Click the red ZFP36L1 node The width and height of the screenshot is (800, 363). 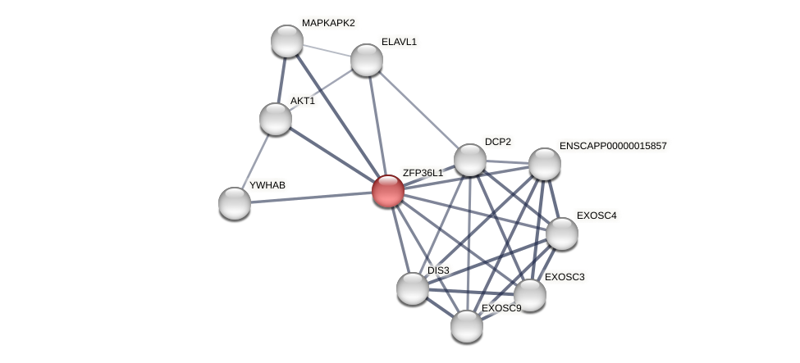click(x=387, y=191)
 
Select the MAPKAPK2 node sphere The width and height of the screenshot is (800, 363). click(x=287, y=41)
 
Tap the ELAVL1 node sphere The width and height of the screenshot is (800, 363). click(x=367, y=60)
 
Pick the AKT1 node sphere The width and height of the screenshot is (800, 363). click(x=276, y=119)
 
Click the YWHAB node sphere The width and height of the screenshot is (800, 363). click(x=235, y=203)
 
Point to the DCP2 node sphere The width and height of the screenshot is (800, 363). click(x=470, y=160)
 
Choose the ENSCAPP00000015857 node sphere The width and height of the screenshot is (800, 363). click(x=545, y=164)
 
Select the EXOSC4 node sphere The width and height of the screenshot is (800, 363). click(x=562, y=234)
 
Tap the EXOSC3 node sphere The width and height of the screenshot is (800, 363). click(x=530, y=295)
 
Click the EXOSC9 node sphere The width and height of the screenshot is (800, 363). click(x=467, y=326)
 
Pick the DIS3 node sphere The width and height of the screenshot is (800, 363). click(x=413, y=288)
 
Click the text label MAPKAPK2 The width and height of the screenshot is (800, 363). click(x=328, y=23)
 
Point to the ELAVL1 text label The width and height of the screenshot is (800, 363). click(x=399, y=42)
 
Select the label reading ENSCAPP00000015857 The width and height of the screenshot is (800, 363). click(x=613, y=146)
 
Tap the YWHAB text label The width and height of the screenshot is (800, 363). click(x=267, y=185)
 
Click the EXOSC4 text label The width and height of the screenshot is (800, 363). click(x=597, y=216)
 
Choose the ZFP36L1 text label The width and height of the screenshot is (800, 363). click(x=423, y=173)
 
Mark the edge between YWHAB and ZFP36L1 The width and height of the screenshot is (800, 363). click(x=312, y=197)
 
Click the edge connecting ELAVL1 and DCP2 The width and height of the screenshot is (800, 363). click(x=418, y=110)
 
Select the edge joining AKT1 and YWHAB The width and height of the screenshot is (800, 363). click(x=255, y=161)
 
